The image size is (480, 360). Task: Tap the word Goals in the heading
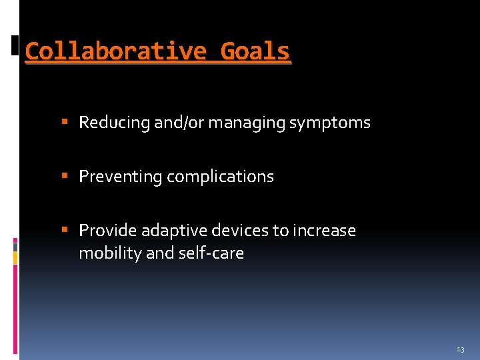255,51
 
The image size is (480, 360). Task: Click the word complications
220,177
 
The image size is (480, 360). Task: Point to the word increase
323,231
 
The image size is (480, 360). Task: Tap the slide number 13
461,349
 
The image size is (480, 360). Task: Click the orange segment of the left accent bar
15,257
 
